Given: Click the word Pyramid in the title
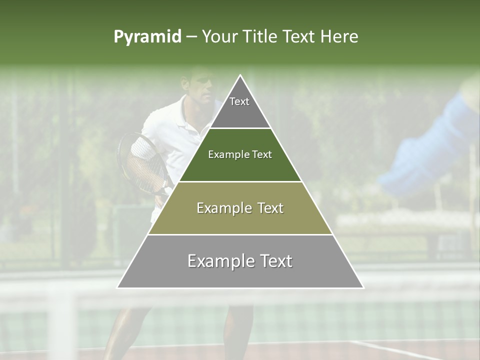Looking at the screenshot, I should coord(147,37).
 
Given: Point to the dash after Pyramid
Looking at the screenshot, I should coord(191,37).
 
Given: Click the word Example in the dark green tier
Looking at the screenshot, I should coord(223,154).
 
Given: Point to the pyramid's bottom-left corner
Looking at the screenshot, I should coord(117,287).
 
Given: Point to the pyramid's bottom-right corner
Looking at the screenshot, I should coord(363,287).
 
